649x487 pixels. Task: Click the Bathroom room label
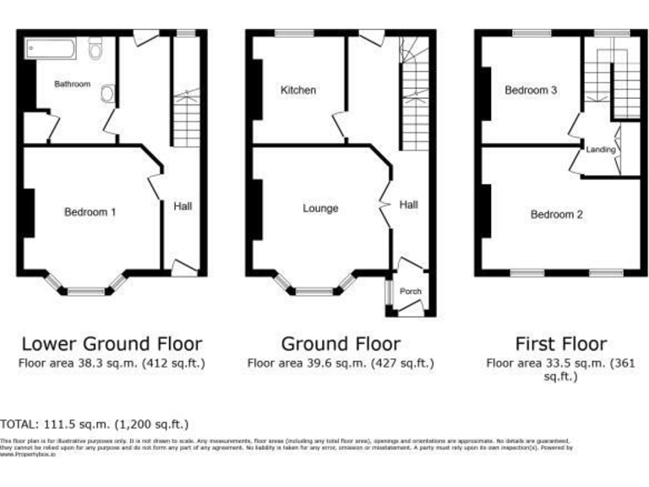click(x=72, y=85)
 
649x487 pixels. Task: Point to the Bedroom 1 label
click(x=90, y=212)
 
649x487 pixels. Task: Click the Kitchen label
click(x=298, y=90)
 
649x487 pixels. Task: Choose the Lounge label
click(x=319, y=209)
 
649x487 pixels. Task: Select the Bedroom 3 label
click(x=530, y=90)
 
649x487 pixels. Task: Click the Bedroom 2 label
click(x=557, y=215)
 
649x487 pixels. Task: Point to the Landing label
click(x=601, y=150)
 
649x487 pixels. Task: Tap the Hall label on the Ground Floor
click(x=409, y=205)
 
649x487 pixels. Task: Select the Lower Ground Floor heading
click(x=112, y=343)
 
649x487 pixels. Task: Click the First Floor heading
click(x=560, y=343)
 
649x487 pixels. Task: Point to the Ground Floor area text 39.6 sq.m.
click(x=340, y=364)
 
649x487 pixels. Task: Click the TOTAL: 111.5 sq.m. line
click(x=95, y=424)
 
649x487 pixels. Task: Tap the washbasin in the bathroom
click(x=107, y=94)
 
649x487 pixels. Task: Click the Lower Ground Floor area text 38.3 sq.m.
click(x=112, y=364)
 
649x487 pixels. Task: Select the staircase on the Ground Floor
click(x=413, y=93)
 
